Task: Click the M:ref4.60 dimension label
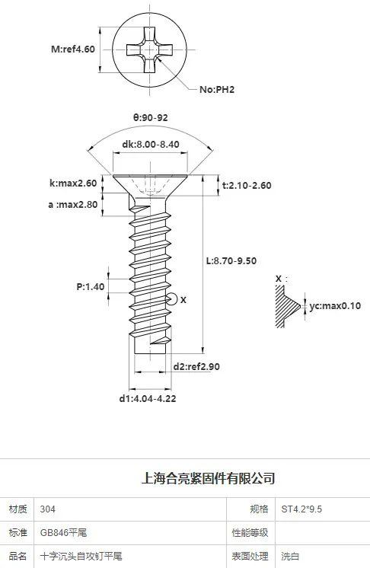pyautogui.click(x=73, y=49)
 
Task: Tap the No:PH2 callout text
pyautogui.click(x=217, y=90)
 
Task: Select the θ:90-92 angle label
pyautogui.click(x=150, y=117)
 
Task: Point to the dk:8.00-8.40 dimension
pyautogui.click(x=151, y=144)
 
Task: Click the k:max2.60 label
pyautogui.click(x=73, y=183)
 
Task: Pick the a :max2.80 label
pyautogui.click(x=73, y=205)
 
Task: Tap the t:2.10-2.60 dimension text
pyautogui.click(x=247, y=186)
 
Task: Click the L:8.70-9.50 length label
pyautogui.click(x=231, y=261)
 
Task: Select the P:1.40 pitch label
pyautogui.click(x=91, y=286)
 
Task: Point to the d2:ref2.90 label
pyautogui.click(x=196, y=366)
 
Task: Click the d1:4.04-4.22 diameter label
pyautogui.click(x=148, y=398)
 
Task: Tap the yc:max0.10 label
pyautogui.click(x=335, y=306)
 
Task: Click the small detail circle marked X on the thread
pyautogui.click(x=171, y=299)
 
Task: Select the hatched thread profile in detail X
pyautogui.click(x=286, y=306)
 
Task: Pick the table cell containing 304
pyautogui.click(x=130, y=509)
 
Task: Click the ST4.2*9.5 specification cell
pyautogui.click(x=323, y=509)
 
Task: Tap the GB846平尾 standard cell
pyautogui.click(x=130, y=533)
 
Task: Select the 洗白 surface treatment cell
pyautogui.click(x=323, y=556)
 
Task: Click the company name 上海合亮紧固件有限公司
pyautogui.click(x=208, y=478)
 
